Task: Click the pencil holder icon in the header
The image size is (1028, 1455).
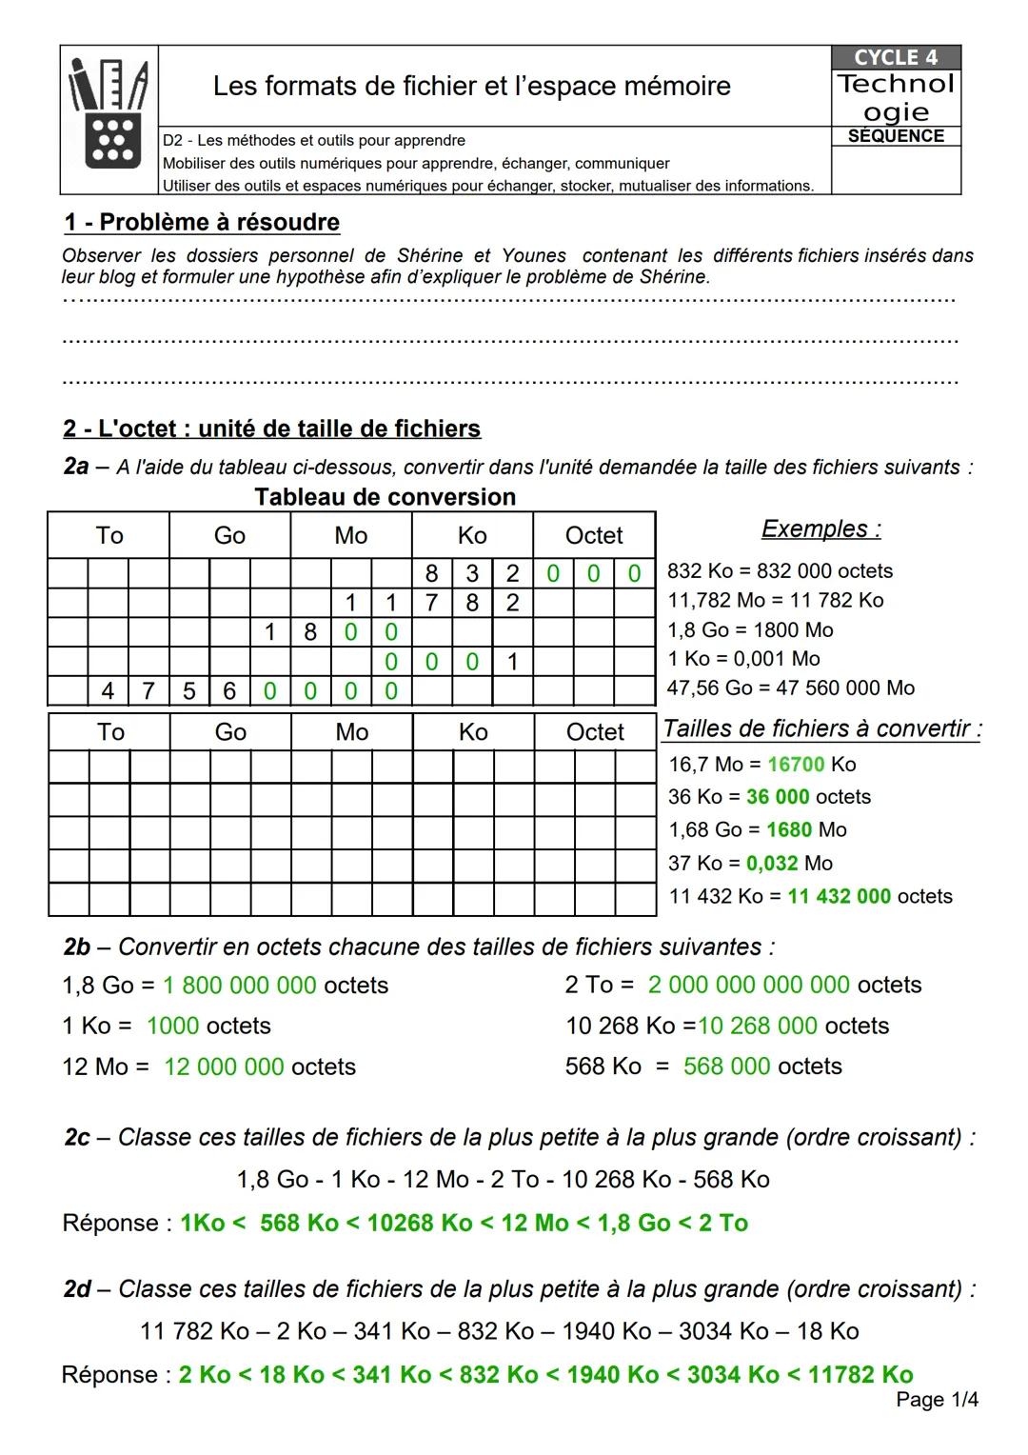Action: (109, 118)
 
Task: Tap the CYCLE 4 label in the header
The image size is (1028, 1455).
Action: (895, 57)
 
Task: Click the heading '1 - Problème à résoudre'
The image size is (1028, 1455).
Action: (202, 223)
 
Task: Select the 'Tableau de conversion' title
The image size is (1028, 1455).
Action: (385, 497)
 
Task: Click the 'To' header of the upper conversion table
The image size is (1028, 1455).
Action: (109, 535)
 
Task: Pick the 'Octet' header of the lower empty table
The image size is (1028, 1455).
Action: (595, 732)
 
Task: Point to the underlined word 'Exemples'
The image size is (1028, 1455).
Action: (820, 529)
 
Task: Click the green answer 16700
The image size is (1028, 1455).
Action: (796, 765)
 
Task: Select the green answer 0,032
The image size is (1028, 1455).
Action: (772, 864)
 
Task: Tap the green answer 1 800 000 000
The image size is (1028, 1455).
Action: (239, 986)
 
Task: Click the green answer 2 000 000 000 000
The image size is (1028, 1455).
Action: (748, 986)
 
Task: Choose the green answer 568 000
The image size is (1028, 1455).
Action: (726, 1066)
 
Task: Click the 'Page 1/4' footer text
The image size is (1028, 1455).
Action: (937, 1400)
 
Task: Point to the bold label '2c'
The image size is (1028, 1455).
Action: (77, 1138)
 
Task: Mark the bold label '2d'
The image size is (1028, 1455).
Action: (77, 1289)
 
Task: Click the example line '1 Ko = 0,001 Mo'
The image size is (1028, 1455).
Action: (743, 659)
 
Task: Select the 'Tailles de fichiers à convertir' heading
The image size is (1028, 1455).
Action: (821, 729)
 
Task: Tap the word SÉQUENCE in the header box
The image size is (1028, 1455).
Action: (896, 136)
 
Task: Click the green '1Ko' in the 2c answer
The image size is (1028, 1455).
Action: (202, 1224)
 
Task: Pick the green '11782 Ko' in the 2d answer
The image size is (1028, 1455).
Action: (860, 1375)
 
